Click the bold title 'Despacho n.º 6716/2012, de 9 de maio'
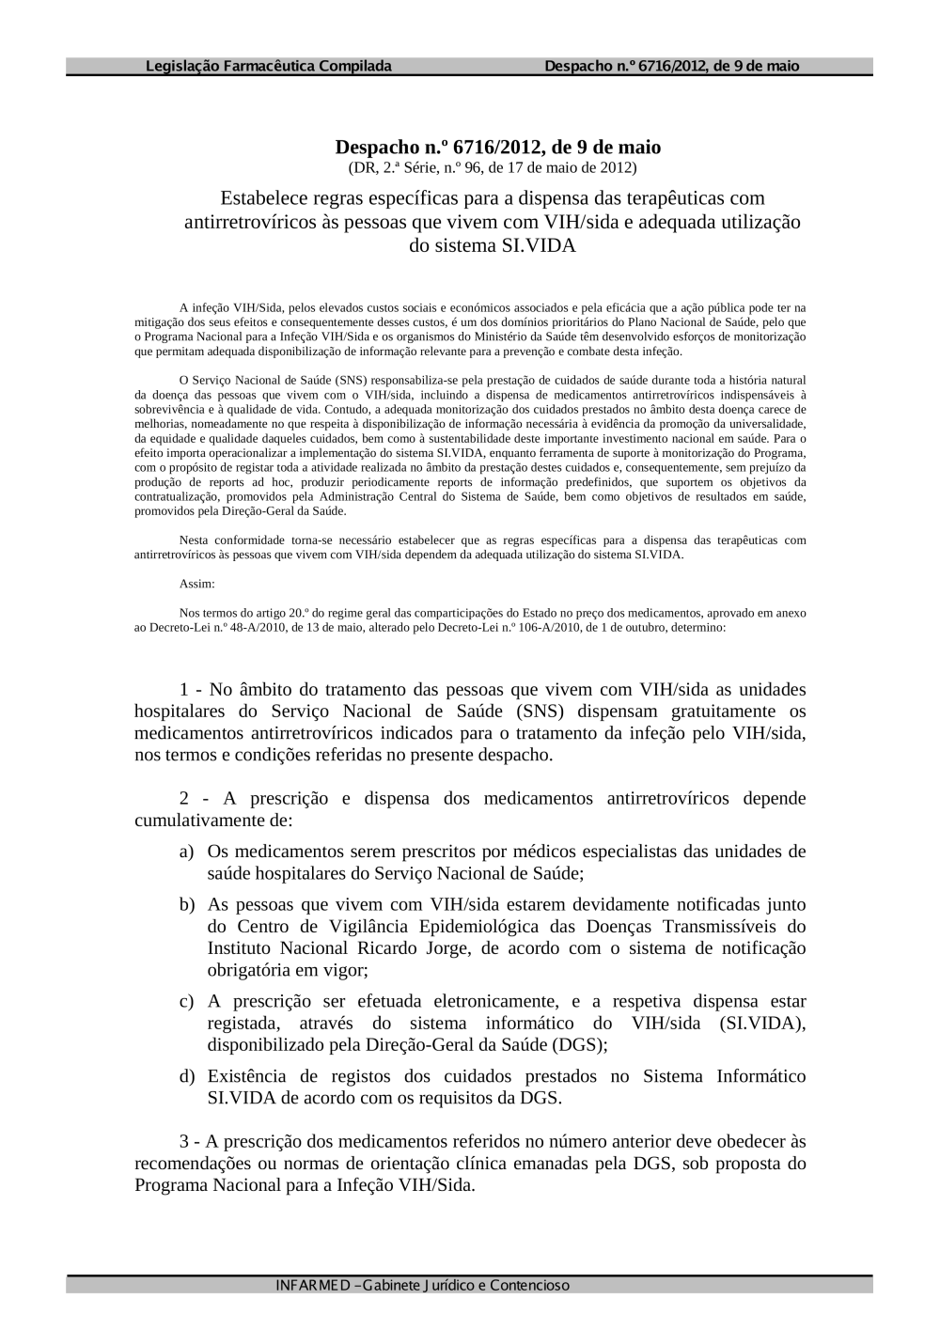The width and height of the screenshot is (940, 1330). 497,148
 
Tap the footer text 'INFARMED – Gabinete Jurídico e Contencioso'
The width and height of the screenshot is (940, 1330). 422,1285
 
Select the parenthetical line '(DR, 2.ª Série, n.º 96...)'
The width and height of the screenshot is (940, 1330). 492,168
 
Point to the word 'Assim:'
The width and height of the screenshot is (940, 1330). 197,584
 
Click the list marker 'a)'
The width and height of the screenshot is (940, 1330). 187,852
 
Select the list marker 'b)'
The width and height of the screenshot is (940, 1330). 187,904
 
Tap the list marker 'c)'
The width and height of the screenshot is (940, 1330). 187,1001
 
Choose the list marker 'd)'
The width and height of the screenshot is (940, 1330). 187,1076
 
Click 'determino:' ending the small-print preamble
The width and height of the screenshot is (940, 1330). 698,627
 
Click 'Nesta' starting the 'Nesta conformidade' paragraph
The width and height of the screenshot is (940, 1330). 194,540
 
